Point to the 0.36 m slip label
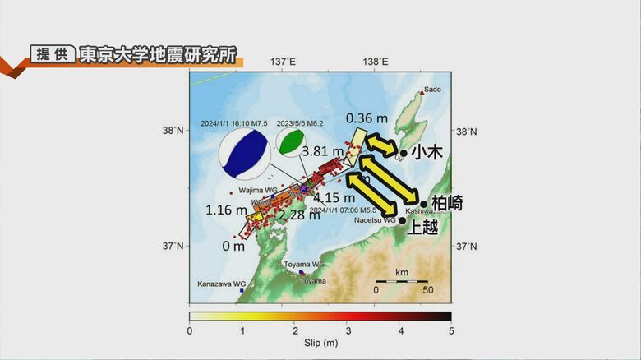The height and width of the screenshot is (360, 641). tap(366, 118)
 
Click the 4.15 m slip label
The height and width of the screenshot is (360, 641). tap(333, 197)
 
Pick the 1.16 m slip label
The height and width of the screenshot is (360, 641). tap(225, 210)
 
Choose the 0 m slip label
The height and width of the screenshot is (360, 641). tap(233, 245)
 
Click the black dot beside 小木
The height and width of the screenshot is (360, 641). tap(403, 153)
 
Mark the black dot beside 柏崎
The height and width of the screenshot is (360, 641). tap(424, 204)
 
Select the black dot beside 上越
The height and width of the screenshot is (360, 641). tap(402, 220)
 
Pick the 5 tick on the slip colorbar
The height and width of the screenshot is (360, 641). tap(450, 330)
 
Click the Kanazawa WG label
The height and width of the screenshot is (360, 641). tap(221, 284)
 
